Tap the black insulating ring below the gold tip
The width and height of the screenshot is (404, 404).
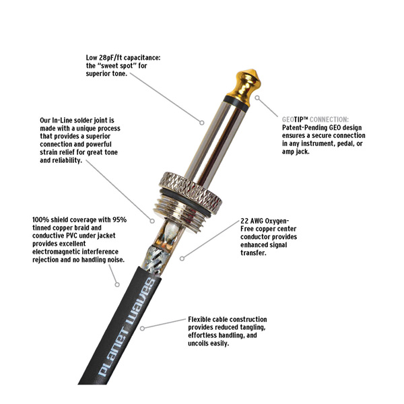[236, 103]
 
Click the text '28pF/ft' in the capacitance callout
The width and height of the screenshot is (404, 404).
[111, 57]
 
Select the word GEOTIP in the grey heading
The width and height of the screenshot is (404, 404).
[295, 120]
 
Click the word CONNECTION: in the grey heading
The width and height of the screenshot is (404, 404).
[329, 120]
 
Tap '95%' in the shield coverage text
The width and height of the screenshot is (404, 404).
[119, 220]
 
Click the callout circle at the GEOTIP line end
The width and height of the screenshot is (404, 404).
[257, 98]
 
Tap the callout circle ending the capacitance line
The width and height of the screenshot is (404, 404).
[202, 123]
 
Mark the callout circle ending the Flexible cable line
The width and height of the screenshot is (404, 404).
[142, 329]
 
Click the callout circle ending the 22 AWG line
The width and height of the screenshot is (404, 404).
[182, 259]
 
